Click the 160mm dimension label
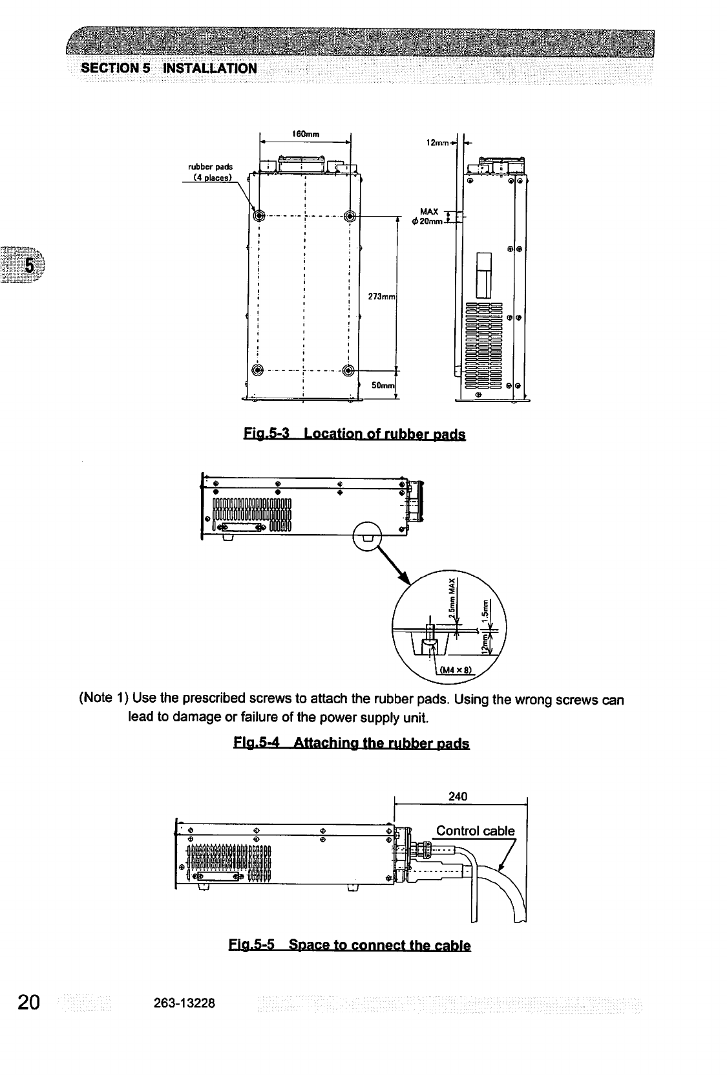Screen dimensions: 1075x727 tap(303, 134)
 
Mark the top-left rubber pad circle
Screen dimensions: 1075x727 tap(259, 215)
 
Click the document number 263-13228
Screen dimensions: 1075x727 tap(185, 1003)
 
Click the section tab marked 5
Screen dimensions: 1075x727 tap(29, 266)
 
